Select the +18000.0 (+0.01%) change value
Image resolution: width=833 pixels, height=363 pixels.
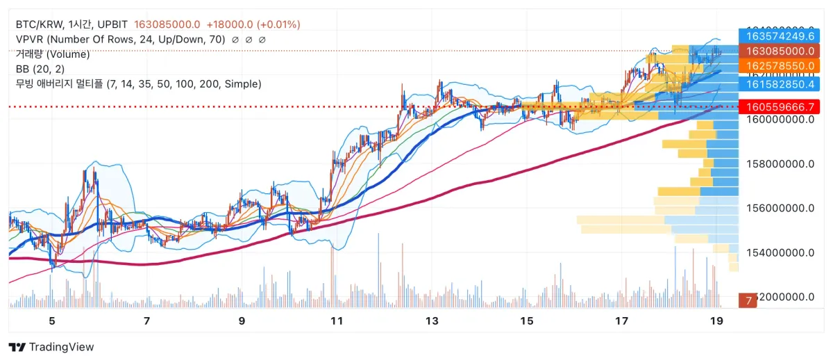click(x=253, y=24)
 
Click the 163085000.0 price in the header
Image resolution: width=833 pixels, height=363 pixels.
click(x=167, y=24)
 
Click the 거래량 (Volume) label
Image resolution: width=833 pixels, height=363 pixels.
click(x=53, y=54)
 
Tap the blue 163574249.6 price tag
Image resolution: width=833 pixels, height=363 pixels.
click(x=780, y=35)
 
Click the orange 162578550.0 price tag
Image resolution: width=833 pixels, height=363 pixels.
click(x=780, y=65)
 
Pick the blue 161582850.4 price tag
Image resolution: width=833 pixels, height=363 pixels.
click(x=780, y=84)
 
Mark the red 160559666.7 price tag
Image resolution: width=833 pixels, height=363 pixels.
click(x=780, y=107)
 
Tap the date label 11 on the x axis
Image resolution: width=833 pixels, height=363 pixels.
click(x=337, y=321)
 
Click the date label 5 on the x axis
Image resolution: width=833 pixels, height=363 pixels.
click(x=52, y=321)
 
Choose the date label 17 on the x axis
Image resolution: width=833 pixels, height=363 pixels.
click(x=621, y=321)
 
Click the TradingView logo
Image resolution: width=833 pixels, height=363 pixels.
click(x=51, y=347)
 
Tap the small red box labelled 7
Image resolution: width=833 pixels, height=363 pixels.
click(x=748, y=300)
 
